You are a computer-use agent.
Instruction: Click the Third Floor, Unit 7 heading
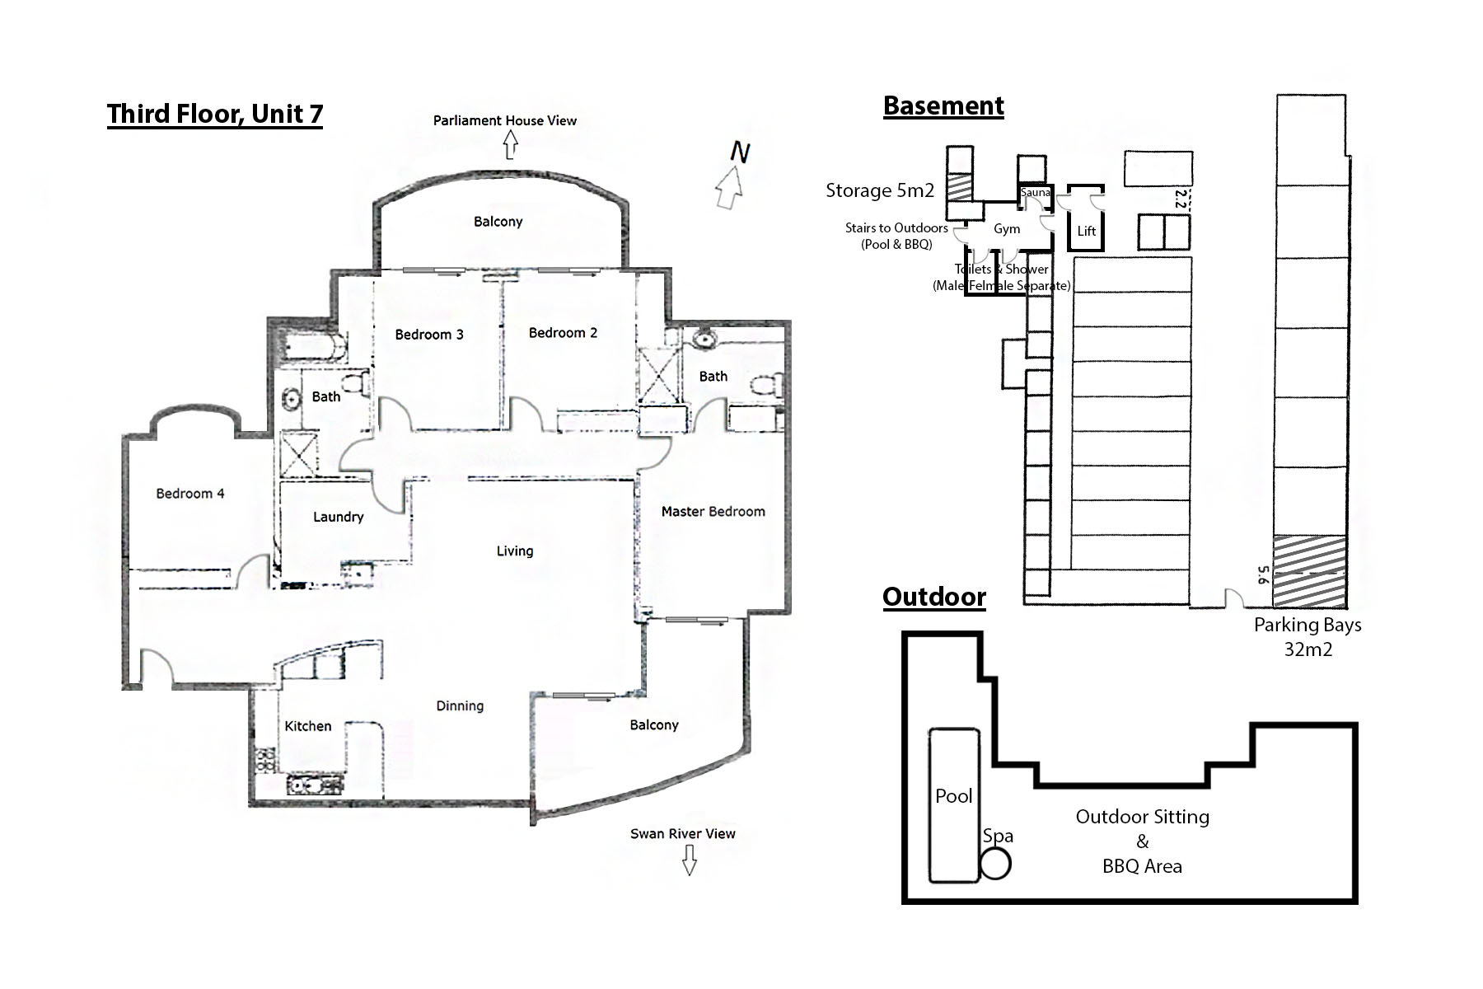(214, 114)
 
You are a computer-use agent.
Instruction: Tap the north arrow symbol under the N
(729, 188)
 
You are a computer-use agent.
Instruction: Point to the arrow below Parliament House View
(510, 146)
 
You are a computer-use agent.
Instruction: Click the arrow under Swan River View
(689, 861)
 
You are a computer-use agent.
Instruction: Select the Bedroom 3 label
(428, 335)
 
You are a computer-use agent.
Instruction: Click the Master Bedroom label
(713, 512)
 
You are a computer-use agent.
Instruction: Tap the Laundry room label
(338, 517)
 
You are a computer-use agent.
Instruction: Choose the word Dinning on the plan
(459, 705)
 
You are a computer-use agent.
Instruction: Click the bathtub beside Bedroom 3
(308, 349)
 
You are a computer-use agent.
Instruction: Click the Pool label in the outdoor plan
(953, 796)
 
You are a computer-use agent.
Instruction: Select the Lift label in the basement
(1086, 232)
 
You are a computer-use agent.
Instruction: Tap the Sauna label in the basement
(1035, 193)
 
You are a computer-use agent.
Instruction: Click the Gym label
(1006, 229)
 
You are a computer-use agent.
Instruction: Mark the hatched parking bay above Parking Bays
(1309, 570)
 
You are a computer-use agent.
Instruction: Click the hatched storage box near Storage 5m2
(959, 185)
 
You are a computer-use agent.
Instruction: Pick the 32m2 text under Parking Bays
(1308, 649)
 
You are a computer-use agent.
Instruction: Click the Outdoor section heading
(933, 597)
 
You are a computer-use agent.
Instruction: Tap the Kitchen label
(307, 726)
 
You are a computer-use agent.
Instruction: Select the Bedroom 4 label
(189, 494)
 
